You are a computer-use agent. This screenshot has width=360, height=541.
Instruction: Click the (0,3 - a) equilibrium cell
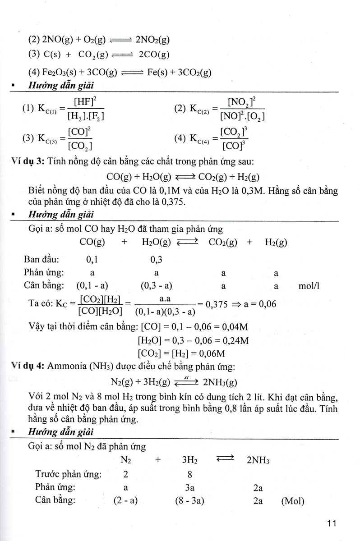coord(157,286)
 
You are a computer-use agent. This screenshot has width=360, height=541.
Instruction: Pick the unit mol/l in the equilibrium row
coord(309,286)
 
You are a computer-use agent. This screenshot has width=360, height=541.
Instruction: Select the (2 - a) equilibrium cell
coord(126,501)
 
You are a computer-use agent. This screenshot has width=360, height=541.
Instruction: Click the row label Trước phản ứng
coord(68,474)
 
